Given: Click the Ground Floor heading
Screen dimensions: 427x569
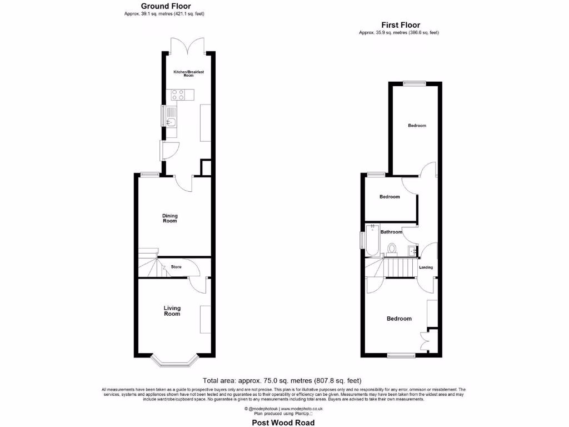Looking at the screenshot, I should pos(166,6).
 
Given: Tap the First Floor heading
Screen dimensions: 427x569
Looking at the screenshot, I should pos(400,25).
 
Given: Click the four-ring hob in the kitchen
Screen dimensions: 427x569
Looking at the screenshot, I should pos(178,95).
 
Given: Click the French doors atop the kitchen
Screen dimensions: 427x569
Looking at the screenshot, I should pos(188,47).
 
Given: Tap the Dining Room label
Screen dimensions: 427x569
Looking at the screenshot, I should pos(170,218).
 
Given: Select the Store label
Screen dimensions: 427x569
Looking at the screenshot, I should pos(176,267).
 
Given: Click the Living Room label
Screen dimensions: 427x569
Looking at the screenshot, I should pos(172,311).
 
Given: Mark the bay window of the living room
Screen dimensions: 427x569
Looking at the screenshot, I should pos(175,363).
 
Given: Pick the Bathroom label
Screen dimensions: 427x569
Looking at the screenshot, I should pos(391,232).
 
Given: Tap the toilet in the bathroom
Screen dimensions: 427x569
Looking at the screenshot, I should pos(393,249).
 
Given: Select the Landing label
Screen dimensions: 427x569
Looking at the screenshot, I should pos(426,267).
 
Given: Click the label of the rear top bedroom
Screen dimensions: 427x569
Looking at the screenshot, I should pos(417,126).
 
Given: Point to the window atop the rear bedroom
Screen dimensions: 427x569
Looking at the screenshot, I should pos(415,83).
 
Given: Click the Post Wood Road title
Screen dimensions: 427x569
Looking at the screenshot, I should pos(283,423).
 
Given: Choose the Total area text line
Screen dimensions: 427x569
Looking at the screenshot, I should pos(282,381).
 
